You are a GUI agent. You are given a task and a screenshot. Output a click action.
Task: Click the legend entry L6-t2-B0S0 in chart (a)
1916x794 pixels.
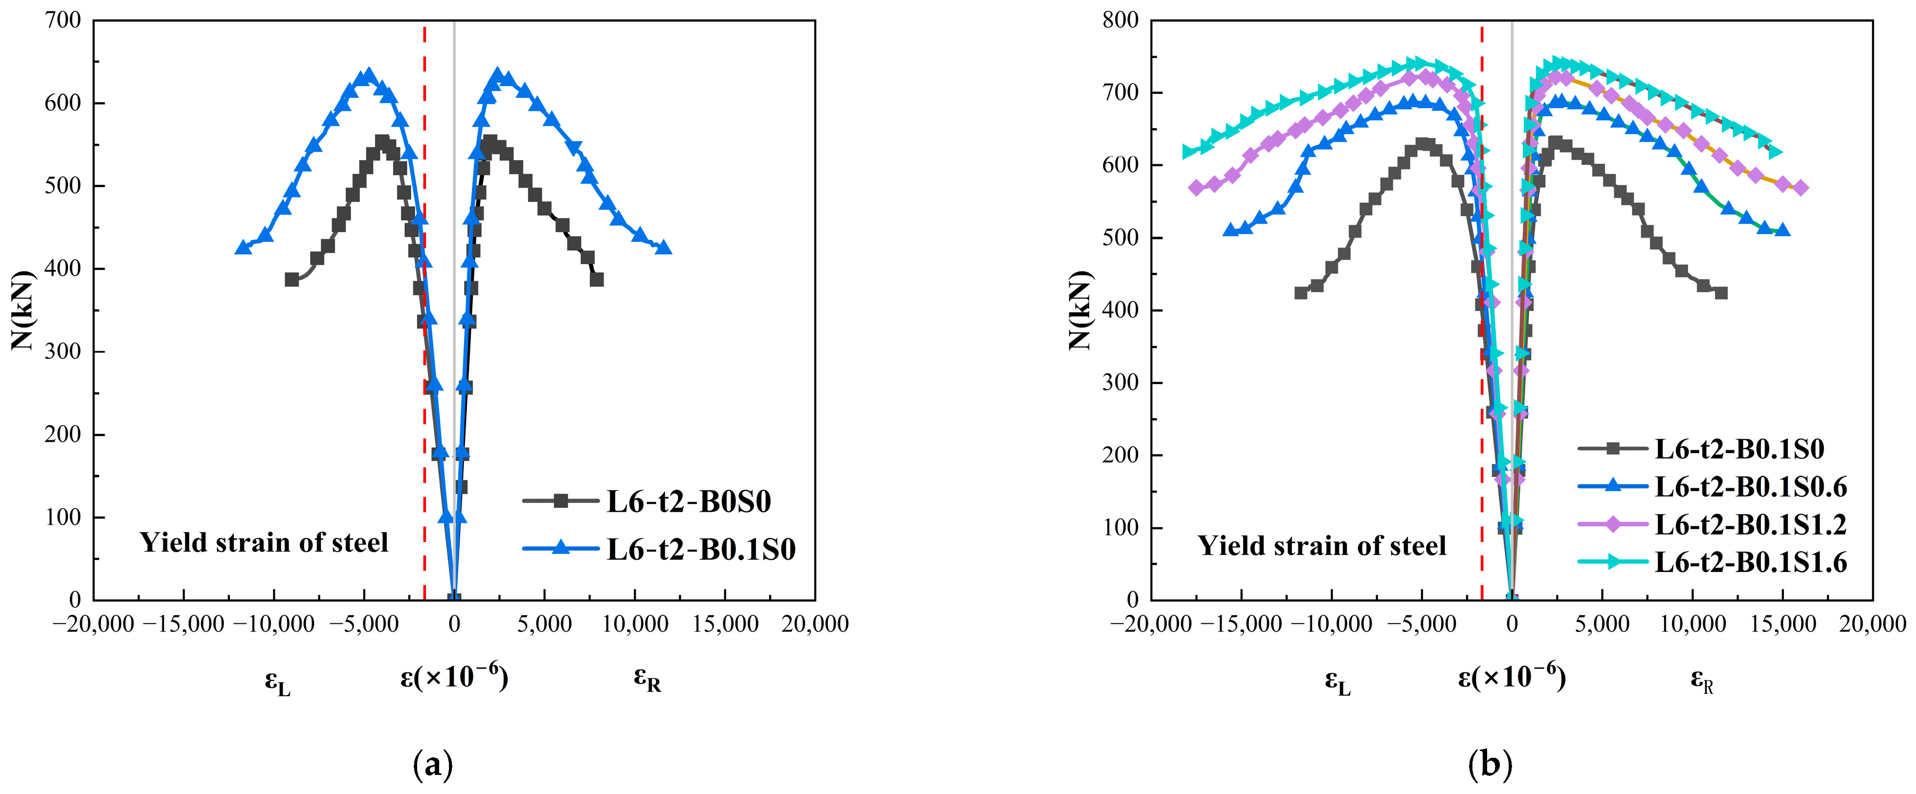click(x=688, y=501)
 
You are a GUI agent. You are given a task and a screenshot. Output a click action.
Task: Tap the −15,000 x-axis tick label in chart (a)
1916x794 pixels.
click(x=183, y=624)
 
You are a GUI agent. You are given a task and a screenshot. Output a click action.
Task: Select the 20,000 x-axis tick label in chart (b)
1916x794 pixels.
click(x=1872, y=624)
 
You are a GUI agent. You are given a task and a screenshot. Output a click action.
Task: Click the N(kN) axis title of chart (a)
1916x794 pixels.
click(x=24, y=310)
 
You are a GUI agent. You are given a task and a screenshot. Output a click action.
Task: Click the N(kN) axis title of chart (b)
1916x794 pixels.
click(x=1081, y=310)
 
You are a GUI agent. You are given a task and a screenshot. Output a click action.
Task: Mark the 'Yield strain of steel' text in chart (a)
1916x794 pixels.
click(x=264, y=543)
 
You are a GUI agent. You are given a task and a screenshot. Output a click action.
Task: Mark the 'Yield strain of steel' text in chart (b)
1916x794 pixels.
click(x=1322, y=545)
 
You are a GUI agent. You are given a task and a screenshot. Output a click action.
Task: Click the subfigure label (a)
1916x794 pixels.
click(x=432, y=764)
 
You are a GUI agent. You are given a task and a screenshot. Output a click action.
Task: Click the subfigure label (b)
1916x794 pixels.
click(x=1490, y=764)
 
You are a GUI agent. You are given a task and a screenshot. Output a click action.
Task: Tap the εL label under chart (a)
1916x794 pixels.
click(x=277, y=681)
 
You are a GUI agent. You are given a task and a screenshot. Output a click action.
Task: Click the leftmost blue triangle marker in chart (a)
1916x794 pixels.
click(x=243, y=247)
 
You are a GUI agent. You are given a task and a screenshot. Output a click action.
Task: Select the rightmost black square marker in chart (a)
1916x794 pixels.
click(x=597, y=280)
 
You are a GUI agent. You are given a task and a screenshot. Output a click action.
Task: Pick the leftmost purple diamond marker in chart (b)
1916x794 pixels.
click(x=1196, y=188)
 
